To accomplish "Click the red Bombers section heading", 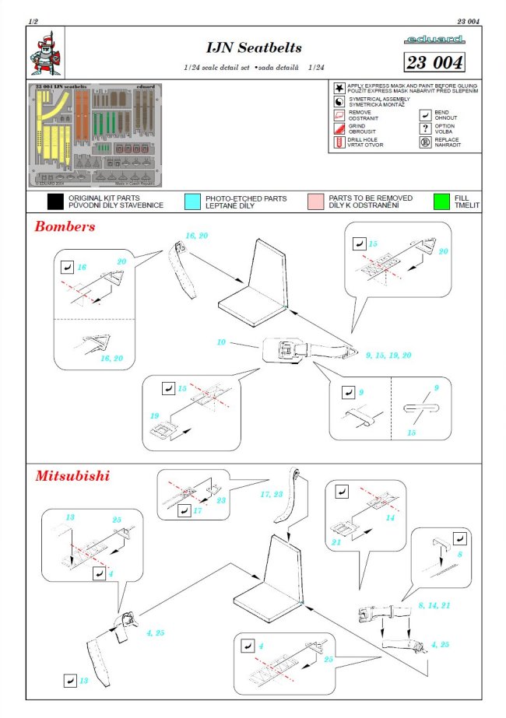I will click(x=65, y=227).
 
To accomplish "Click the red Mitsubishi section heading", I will click(x=72, y=475).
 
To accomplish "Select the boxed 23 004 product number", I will click(x=434, y=63).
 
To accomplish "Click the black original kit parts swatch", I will click(x=54, y=202).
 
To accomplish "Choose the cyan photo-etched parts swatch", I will click(x=192, y=202).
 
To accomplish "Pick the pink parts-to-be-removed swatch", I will click(x=315, y=202).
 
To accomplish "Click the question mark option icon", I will click(x=426, y=128).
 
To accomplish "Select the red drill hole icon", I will click(x=339, y=142).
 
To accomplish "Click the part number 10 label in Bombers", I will click(x=221, y=341).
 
